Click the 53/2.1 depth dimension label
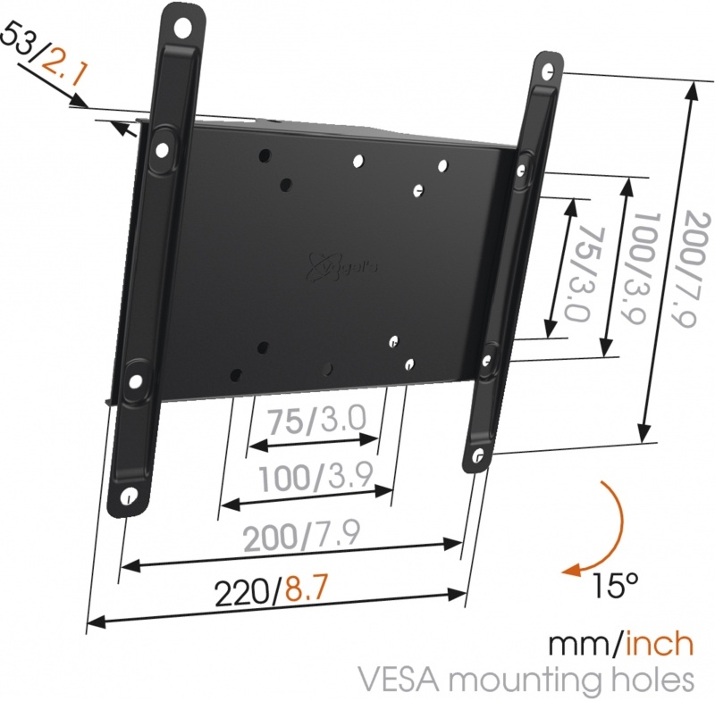pos(43,57)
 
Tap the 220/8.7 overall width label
pos(271,593)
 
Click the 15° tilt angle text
pos(614,585)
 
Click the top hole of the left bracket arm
pos(183,29)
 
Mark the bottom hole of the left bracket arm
pos(129,497)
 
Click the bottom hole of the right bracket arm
pos(478,456)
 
